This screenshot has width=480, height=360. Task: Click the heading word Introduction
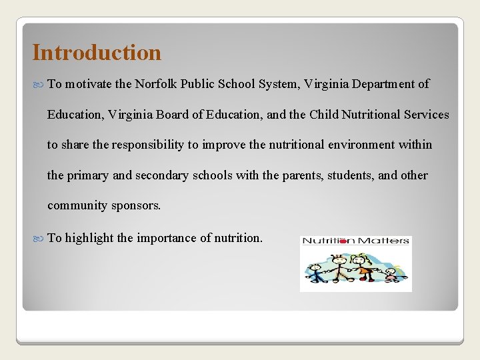click(x=97, y=52)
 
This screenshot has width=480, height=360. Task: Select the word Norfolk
click(x=155, y=84)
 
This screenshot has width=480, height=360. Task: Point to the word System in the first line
click(x=275, y=84)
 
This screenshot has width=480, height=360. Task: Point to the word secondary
click(x=163, y=175)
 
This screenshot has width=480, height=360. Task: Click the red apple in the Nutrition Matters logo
click(x=345, y=241)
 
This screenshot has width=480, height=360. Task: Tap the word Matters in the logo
click(x=385, y=241)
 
